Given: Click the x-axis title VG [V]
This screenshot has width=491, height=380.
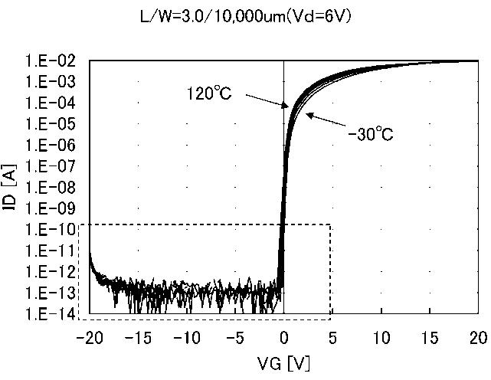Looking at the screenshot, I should click(284, 359).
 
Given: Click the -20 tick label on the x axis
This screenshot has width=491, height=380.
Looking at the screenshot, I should click(90, 338).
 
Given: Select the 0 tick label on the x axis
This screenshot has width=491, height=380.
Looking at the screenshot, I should click(284, 338).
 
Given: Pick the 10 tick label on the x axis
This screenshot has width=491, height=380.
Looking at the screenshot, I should click(381, 338).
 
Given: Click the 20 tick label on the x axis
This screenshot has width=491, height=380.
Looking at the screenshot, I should click(478, 338).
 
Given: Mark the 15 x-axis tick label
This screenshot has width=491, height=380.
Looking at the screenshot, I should click(430, 338).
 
